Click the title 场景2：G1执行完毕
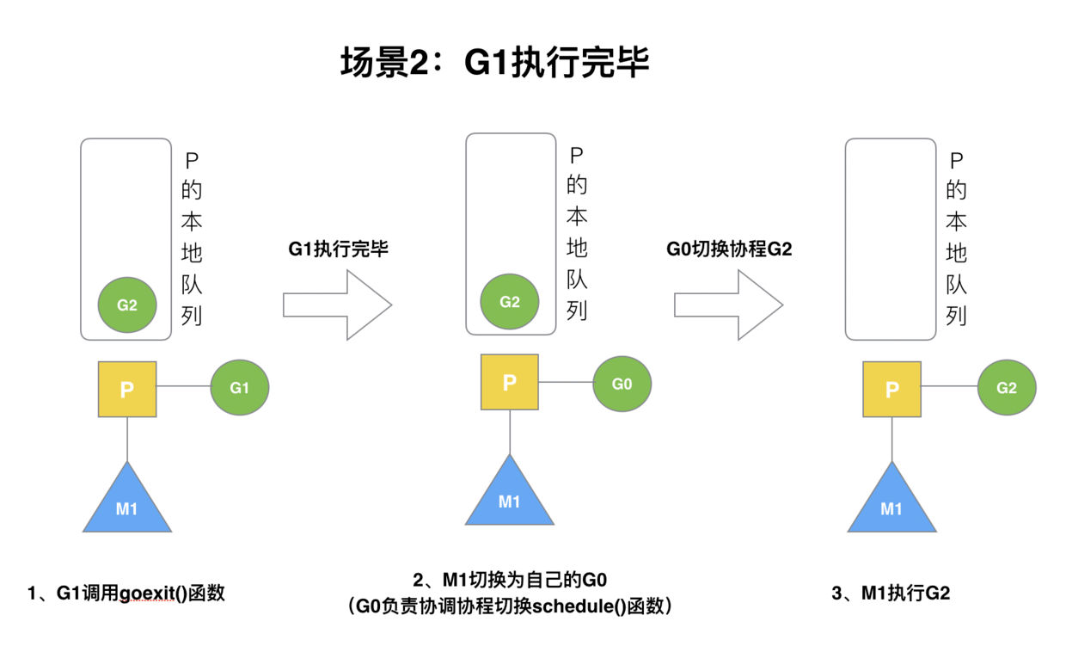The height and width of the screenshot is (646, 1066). [x=494, y=63]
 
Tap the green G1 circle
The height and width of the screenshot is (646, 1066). [x=240, y=387]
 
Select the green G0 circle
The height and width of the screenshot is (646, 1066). [x=622, y=384]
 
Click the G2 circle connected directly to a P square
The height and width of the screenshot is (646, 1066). [x=1007, y=387]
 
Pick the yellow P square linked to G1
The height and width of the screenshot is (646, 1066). [x=127, y=389]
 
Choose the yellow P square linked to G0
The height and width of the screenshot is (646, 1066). [x=510, y=382]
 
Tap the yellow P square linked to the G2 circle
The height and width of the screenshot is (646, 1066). [x=891, y=389]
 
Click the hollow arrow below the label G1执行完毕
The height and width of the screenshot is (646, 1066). [x=338, y=305]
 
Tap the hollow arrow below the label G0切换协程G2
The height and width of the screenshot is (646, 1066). [x=728, y=305]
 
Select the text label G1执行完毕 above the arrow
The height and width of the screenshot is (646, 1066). [x=338, y=249]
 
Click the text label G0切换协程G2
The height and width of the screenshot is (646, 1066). [x=729, y=249]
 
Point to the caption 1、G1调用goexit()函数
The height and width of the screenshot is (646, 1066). [x=126, y=593]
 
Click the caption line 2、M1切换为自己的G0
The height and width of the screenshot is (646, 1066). [x=511, y=579]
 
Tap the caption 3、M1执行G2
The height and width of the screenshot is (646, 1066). [x=891, y=593]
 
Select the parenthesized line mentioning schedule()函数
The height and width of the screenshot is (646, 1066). [x=511, y=606]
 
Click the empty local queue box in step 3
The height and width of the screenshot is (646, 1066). [x=891, y=239]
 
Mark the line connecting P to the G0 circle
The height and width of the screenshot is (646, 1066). [x=566, y=383]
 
